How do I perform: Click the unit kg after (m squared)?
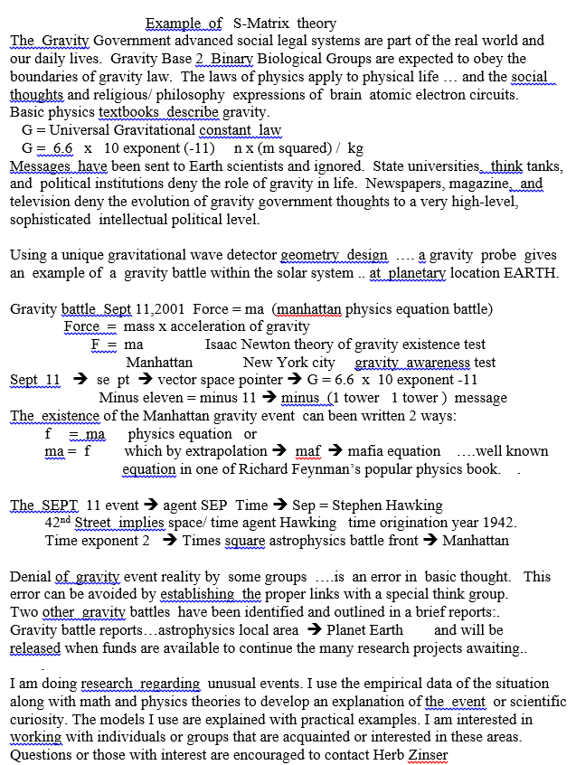pos(355,148)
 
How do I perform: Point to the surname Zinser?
pos(428,755)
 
